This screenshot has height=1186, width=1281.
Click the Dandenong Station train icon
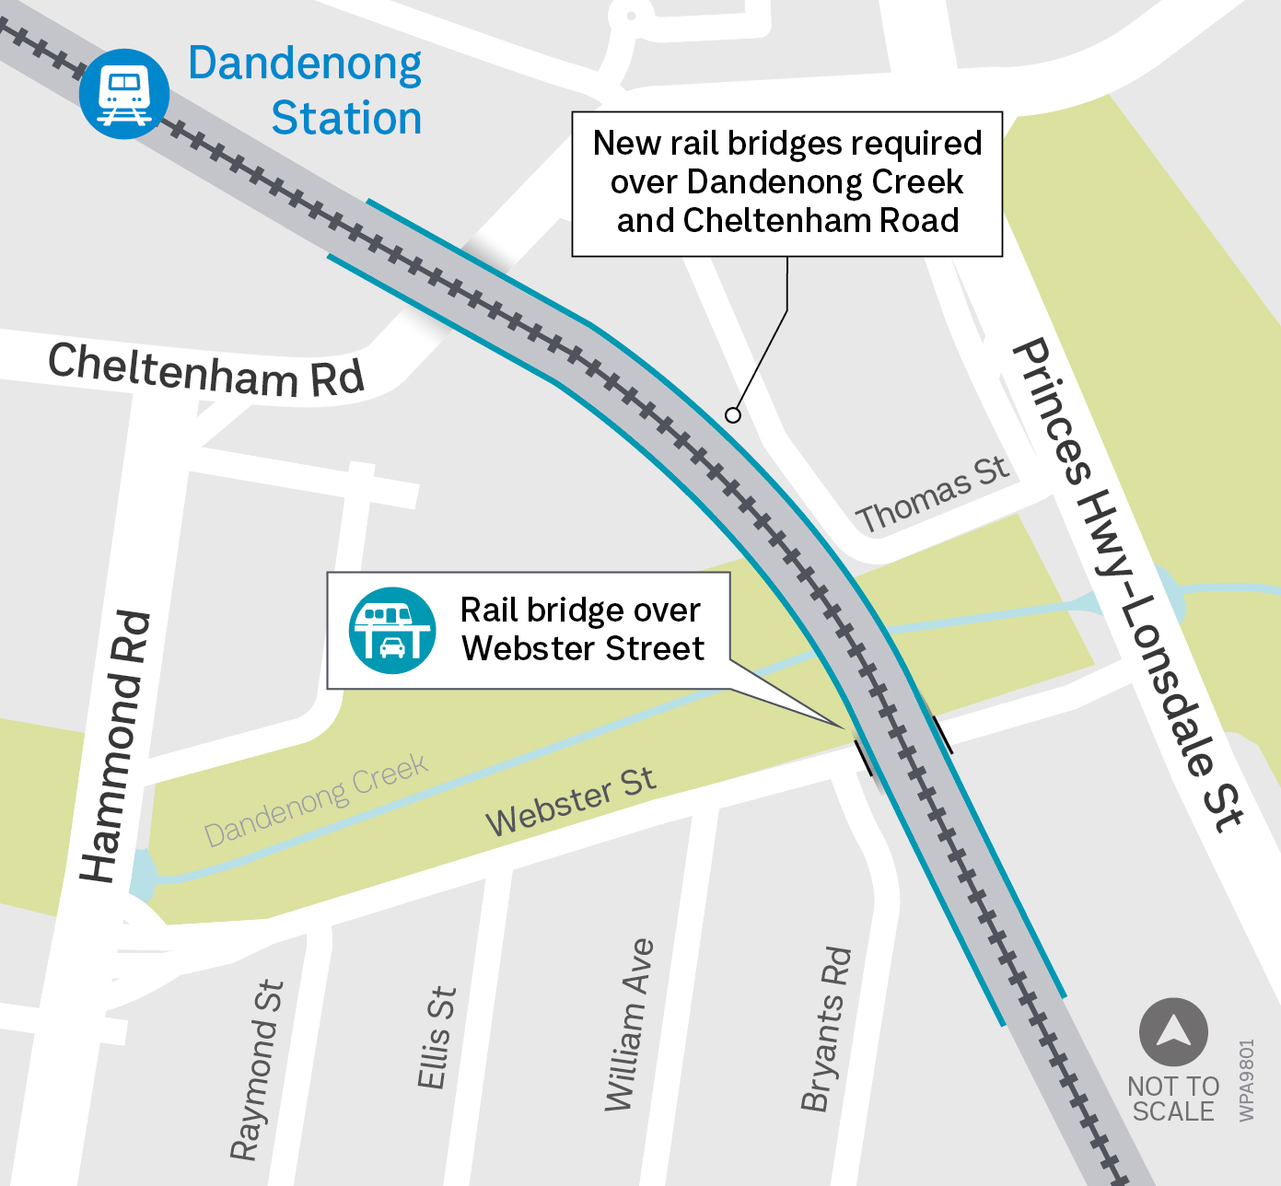click(x=124, y=94)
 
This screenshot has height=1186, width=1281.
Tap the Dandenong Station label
click(x=305, y=91)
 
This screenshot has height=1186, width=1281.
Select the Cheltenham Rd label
click(x=206, y=371)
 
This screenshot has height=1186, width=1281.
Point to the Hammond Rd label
click(x=116, y=746)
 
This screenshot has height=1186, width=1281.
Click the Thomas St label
click(x=933, y=495)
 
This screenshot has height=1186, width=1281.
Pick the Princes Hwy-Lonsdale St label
click(x=1128, y=587)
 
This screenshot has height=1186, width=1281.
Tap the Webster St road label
click(x=571, y=801)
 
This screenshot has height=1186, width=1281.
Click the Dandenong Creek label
click(x=316, y=800)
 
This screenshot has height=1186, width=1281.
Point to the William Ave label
click(x=629, y=1024)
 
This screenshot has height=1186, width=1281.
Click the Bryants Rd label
click(x=826, y=1029)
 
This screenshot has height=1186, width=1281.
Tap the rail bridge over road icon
click(x=392, y=631)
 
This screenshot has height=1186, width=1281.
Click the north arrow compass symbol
click(x=1173, y=1031)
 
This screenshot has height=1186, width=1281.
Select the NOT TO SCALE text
click(x=1173, y=1099)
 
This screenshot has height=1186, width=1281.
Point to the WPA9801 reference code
click(x=1246, y=1080)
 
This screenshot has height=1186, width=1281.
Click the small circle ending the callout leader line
click(x=733, y=415)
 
